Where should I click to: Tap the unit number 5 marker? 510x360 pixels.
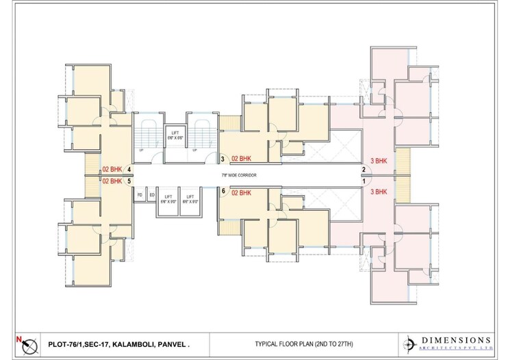coord(129,181)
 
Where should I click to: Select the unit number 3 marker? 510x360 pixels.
coord(222,159)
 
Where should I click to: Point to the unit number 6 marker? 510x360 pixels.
coord(223,192)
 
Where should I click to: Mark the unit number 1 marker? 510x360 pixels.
coord(364,181)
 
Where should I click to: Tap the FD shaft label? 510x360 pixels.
coord(140,195)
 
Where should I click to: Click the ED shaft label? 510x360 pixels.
coord(151,195)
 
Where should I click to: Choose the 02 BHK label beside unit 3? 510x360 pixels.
coord(243,159)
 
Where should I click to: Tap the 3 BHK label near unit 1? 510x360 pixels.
coord(379,192)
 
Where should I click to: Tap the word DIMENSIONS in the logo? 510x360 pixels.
coord(456,339)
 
